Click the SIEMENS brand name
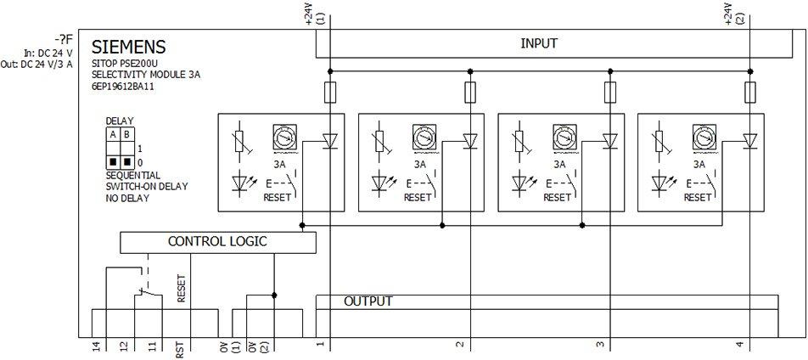click(128, 47)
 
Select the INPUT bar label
click(539, 43)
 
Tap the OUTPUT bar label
click(368, 301)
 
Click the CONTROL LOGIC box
click(217, 242)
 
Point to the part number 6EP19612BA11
click(124, 87)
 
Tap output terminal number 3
click(599, 345)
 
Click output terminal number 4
click(739, 345)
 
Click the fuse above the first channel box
click(329, 91)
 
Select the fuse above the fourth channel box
click(749, 91)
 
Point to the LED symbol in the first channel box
click(243, 182)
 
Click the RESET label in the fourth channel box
click(697, 198)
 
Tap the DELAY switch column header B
click(127, 134)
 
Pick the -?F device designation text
click(61, 39)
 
